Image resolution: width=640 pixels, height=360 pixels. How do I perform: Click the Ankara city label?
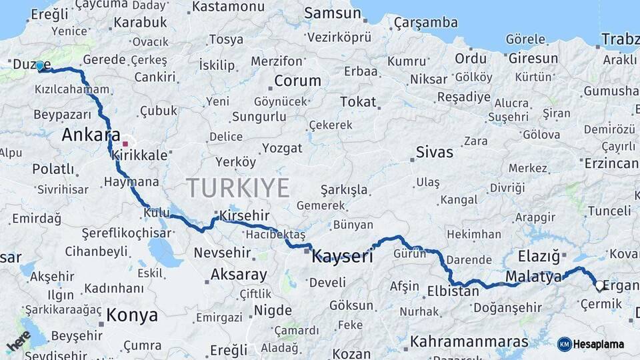(91, 135)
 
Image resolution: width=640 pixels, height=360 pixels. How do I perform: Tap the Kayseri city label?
(343, 255)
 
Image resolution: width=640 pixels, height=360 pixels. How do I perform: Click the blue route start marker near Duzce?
(40, 66)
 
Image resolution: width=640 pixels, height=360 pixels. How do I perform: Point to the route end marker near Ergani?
(599, 287)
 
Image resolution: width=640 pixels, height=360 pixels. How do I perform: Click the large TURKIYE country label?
(237, 188)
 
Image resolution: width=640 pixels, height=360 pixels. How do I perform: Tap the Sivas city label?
(434, 151)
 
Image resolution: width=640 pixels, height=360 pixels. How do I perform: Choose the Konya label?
(132, 315)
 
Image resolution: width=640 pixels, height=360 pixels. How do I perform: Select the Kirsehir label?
(241, 216)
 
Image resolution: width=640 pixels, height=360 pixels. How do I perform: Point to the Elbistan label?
(453, 291)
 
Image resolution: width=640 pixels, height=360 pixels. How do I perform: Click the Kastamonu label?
(229, 7)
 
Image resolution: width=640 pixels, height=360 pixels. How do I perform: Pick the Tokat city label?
(358, 102)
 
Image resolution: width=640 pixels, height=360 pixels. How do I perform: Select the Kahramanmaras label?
(469, 342)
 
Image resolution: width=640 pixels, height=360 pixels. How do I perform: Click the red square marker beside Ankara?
(125, 143)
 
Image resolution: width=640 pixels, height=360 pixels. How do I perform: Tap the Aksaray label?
(239, 274)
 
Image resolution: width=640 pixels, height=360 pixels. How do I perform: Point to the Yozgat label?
(282, 148)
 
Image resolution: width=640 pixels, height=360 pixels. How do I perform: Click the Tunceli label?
(608, 211)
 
